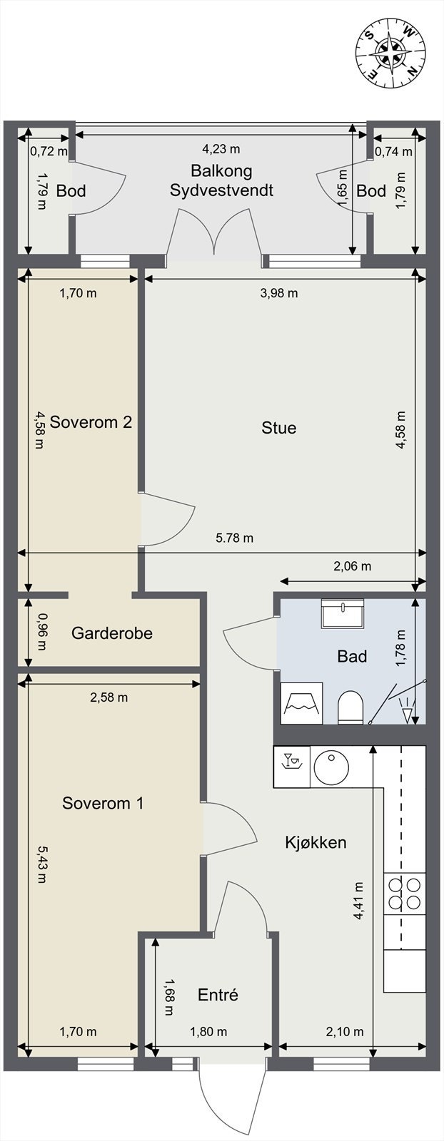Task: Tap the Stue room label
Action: tap(278, 428)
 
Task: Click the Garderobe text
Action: tap(111, 633)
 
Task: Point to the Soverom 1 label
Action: tap(103, 803)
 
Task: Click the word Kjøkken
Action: tap(316, 842)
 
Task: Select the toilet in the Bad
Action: tap(350, 707)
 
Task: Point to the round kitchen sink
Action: tap(331, 767)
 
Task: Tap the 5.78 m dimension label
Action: tap(235, 538)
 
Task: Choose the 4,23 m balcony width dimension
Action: tap(221, 149)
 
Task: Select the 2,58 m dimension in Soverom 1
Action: tap(109, 697)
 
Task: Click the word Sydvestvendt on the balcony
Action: tap(221, 190)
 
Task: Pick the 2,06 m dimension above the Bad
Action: tap(353, 566)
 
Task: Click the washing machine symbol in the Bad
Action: tap(302, 703)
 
